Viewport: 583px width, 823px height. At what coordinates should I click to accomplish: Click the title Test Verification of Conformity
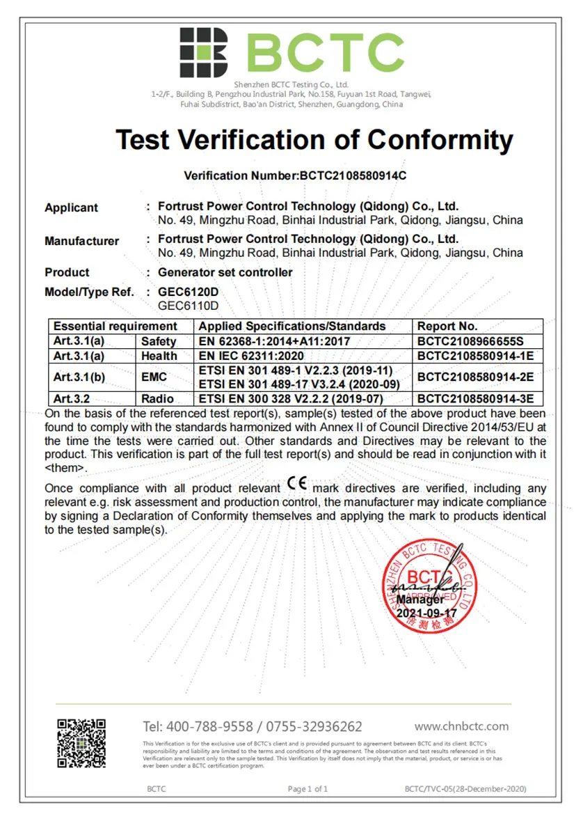click(314, 140)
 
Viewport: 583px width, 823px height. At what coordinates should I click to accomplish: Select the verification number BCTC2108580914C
click(353, 175)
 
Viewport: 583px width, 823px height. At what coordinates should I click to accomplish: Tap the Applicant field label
click(71, 207)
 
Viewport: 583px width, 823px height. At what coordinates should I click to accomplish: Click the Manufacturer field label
click(81, 241)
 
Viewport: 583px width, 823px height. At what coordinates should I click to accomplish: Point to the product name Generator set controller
click(225, 272)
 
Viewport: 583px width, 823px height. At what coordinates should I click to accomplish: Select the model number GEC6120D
click(189, 292)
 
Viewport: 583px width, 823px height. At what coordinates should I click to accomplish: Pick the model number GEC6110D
click(189, 305)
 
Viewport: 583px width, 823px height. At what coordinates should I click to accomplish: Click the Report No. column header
click(447, 326)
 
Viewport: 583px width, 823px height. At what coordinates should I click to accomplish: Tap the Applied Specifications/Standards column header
click(292, 326)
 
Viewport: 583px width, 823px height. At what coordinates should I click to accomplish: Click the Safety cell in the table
click(159, 341)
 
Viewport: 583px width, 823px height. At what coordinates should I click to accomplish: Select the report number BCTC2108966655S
click(470, 341)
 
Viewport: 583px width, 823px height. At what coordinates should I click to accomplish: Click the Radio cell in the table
click(159, 399)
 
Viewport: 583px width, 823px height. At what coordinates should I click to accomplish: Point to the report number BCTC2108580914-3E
click(474, 399)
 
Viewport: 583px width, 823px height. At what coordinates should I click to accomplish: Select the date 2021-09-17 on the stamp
click(426, 613)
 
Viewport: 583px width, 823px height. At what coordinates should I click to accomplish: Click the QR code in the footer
click(81, 743)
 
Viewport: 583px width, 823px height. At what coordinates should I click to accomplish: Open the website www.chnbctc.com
click(461, 726)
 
